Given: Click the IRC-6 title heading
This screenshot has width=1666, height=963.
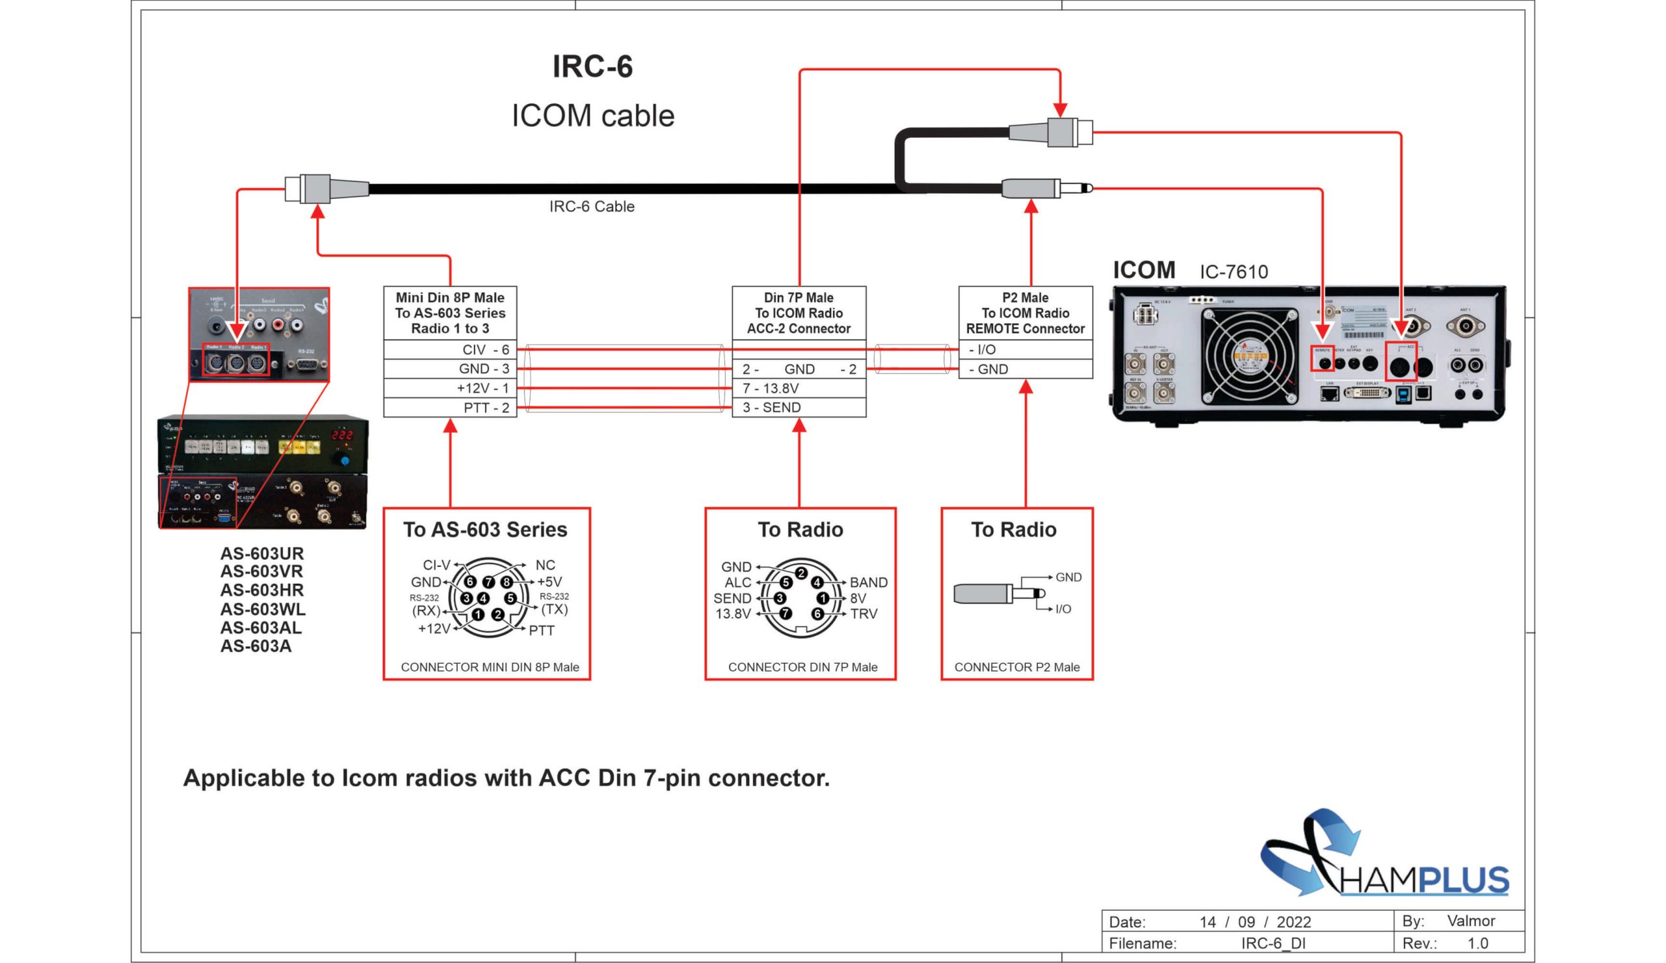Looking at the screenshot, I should [x=592, y=67].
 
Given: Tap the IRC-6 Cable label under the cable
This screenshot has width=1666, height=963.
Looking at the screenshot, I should [x=592, y=207].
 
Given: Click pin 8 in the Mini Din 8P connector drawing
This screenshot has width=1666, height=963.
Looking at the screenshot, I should [x=506, y=582].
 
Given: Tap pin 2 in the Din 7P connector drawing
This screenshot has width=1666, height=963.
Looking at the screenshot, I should [x=801, y=573].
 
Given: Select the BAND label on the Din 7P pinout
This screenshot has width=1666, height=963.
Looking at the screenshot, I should [x=868, y=582].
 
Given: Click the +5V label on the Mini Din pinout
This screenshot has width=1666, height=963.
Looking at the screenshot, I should [x=549, y=582].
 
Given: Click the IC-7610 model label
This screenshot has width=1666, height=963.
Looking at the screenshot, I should [x=1234, y=271].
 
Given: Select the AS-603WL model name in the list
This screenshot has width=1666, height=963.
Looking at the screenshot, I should [x=262, y=609].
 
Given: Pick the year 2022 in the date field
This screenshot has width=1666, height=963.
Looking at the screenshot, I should [x=1294, y=922].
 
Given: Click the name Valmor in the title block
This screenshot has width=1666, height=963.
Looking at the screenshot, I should [x=1471, y=921].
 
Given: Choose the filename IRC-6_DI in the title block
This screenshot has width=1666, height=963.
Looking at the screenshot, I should [x=1274, y=943].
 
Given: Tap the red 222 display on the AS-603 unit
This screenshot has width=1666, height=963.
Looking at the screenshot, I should [x=342, y=435].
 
